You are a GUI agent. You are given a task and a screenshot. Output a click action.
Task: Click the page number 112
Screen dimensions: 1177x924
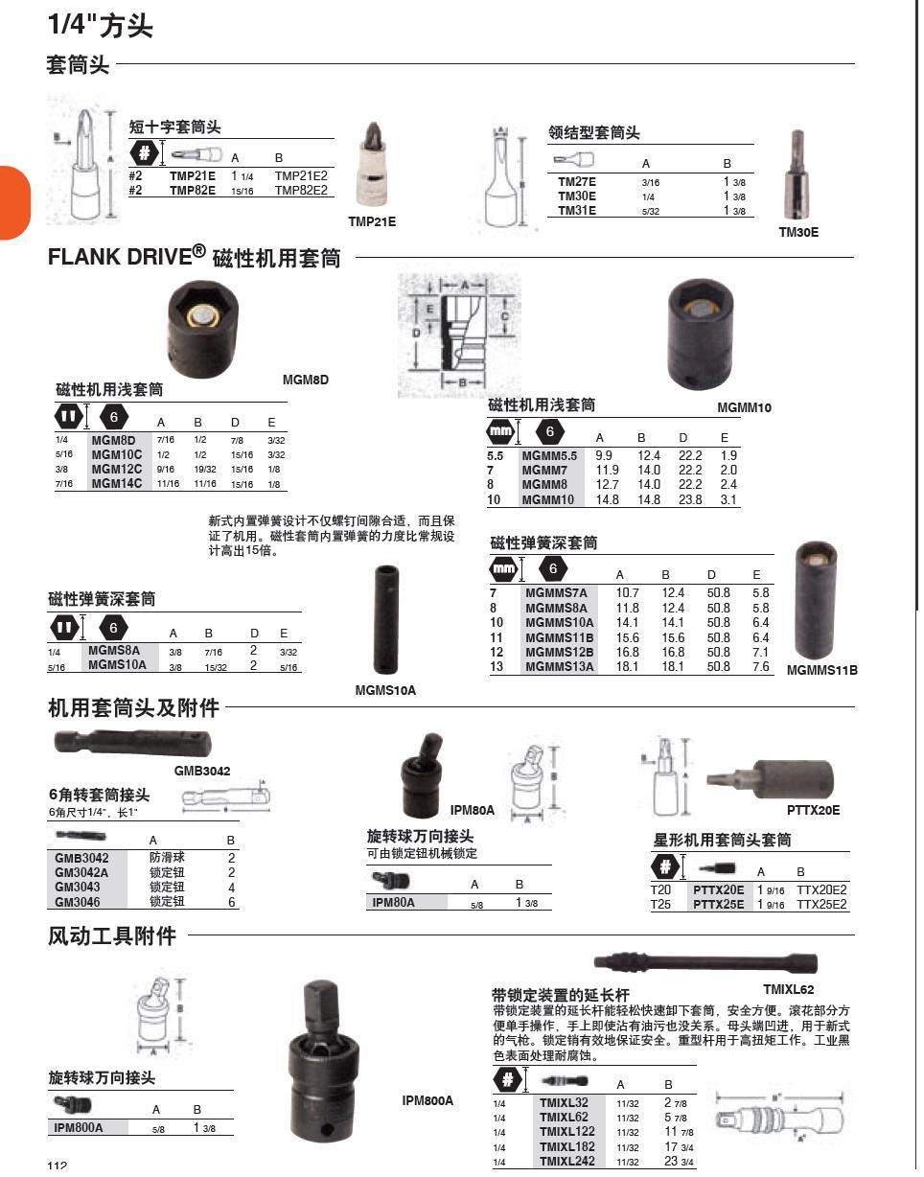pyautogui.click(x=58, y=1165)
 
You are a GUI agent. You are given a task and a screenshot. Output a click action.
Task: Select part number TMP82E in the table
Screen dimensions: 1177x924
pyautogui.click(x=193, y=191)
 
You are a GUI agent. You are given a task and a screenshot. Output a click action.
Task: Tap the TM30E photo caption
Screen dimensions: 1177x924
pyautogui.click(x=797, y=232)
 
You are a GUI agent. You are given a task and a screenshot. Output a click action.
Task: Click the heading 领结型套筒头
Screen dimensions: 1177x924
pyautogui.click(x=593, y=133)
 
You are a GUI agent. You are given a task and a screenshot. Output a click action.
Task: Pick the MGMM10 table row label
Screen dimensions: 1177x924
pyautogui.click(x=548, y=499)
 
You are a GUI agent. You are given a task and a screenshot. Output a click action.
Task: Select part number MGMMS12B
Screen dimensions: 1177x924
pyautogui.click(x=559, y=652)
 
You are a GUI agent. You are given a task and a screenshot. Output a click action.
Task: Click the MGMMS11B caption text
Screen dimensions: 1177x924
pyautogui.click(x=821, y=671)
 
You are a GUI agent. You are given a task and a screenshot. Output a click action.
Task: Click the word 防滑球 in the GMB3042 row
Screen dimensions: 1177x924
pyautogui.click(x=167, y=859)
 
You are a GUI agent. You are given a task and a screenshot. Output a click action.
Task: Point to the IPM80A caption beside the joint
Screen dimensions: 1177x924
pyautogui.click(x=472, y=811)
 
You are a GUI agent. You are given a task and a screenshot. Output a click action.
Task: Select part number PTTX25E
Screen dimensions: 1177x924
pyautogui.click(x=718, y=904)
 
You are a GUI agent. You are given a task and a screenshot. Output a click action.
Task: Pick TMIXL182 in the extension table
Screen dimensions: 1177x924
pyautogui.click(x=566, y=1146)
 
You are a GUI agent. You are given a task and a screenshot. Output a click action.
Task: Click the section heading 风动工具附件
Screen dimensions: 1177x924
pyautogui.click(x=112, y=936)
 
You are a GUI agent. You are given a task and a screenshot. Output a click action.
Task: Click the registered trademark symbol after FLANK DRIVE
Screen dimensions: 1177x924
pyautogui.click(x=198, y=251)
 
